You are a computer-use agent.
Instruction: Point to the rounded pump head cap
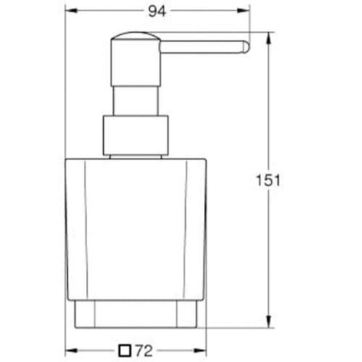134,39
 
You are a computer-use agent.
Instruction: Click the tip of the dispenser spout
247,48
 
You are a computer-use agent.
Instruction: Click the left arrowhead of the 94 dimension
70,11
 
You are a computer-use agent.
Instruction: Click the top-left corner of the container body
67,157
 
